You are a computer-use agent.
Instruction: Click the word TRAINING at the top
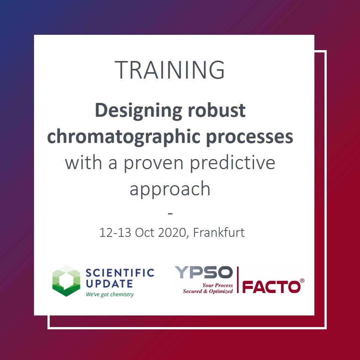coord(170,70)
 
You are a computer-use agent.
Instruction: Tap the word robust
coord(217,110)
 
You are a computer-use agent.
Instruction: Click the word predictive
coord(233,162)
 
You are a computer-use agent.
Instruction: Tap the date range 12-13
coord(115,232)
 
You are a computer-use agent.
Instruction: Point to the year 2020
coord(172,232)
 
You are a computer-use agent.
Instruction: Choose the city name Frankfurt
coord(219,232)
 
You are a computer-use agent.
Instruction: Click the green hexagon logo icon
coord(66,281)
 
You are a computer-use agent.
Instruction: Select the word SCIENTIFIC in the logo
coord(120,273)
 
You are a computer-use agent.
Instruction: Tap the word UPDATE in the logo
coord(109,284)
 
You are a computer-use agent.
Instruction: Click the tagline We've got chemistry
coord(110,294)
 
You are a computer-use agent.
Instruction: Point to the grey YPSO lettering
coord(204,272)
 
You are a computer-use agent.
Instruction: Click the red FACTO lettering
coord(271,287)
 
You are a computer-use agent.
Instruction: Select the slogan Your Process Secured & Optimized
coord(208,288)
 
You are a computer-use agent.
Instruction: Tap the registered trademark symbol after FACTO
coord(302,281)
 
